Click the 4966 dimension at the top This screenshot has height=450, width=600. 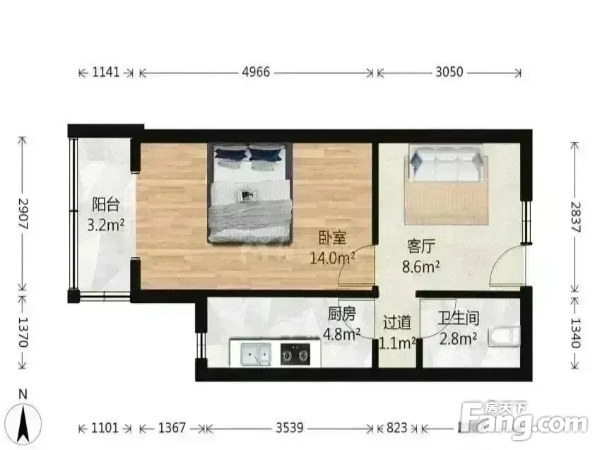[x=256, y=72]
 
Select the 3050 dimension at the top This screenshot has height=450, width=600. [x=449, y=72]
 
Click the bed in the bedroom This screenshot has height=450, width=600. [x=250, y=192]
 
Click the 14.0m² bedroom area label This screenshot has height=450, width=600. [x=332, y=258]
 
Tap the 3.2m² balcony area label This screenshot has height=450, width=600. [x=105, y=225]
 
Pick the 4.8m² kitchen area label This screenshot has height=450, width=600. [x=342, y=333]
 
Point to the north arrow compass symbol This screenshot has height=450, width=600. [x=25, y=420]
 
